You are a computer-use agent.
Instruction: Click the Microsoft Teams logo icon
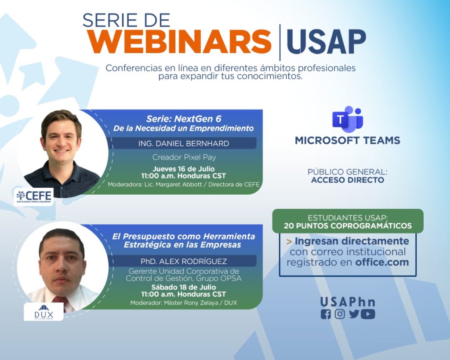[347, 118]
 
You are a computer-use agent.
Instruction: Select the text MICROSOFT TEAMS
[347, 141]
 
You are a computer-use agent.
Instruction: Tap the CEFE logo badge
[34, 196]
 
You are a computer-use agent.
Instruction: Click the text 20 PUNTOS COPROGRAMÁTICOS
[348, 226]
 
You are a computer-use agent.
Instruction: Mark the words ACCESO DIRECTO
[347, 180]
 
